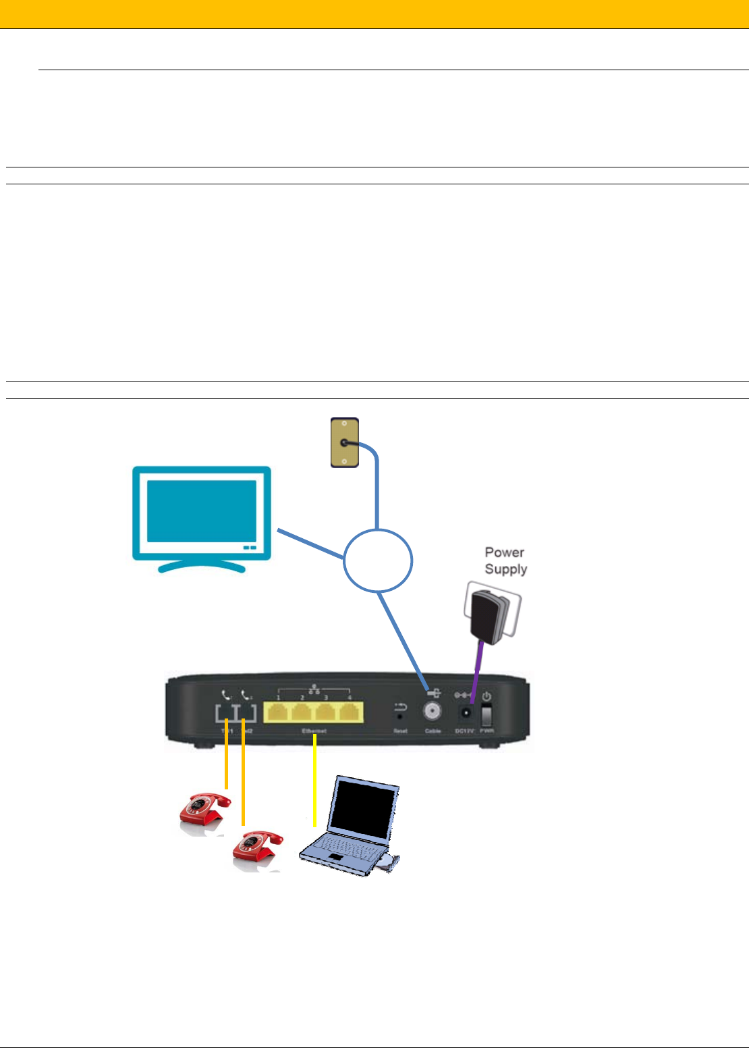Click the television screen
point(201,511)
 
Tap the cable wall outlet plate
point(344,443)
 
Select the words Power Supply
point(505,560)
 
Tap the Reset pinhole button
point(401,716)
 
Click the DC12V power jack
point(465,712)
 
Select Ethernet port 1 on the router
point(277,712)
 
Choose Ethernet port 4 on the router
point(350,712)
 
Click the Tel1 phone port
point(225,713)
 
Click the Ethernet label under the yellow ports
point(314,731)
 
